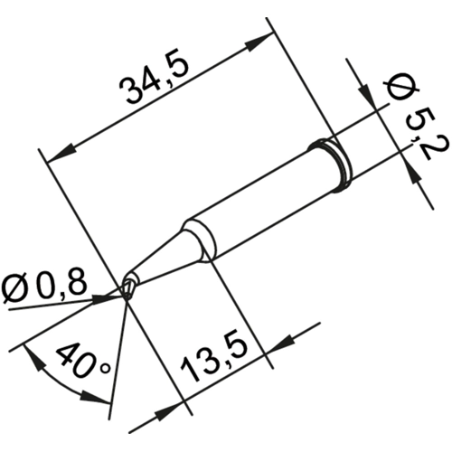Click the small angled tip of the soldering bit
click(x=129, y=288)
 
